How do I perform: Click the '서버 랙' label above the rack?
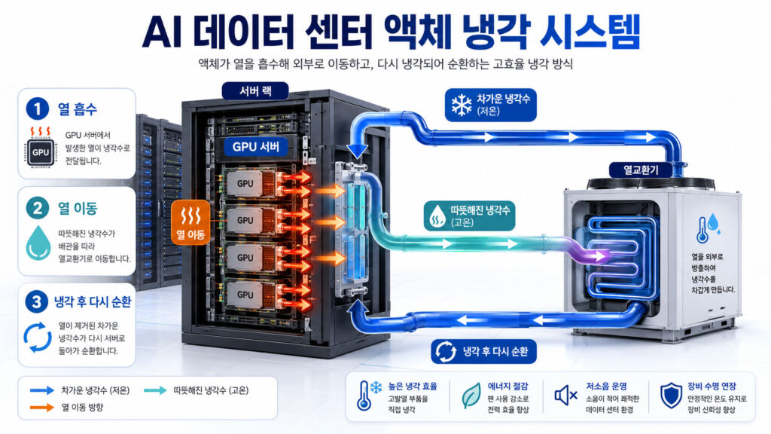pyautogui.click(x=255, y=91)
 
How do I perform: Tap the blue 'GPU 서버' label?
pyautogui.click(x=256, y=147)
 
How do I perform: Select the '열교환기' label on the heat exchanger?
pyautogui.click(x=641, y=170)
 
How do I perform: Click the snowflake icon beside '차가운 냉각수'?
pyautogui.click(x=462, y=105)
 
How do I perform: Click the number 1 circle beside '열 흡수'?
pyautogui.click(x=38, y=108)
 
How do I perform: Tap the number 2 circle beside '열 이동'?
pyautogui.click(x=38, y=208)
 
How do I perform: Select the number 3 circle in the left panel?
pyautogui.click(x=36, y=301)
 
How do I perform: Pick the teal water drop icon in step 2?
pyautogui.click(x=38, y=243)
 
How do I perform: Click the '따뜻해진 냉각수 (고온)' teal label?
pyautogui.click(x=470, y=216)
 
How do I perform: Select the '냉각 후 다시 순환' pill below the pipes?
pyautogui.click(x=483, y=351)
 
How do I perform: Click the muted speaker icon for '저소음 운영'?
pyautogui.click(x=565, y=395)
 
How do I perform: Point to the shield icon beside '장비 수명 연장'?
pyautogui.click(x=671, y=395)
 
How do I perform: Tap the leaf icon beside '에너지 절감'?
pyautogui.click(x=471, y=396)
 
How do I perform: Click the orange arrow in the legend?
pyautogui.click(x=42, y=408)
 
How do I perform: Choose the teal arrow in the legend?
pyautogui.click(x=155, y=390)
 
